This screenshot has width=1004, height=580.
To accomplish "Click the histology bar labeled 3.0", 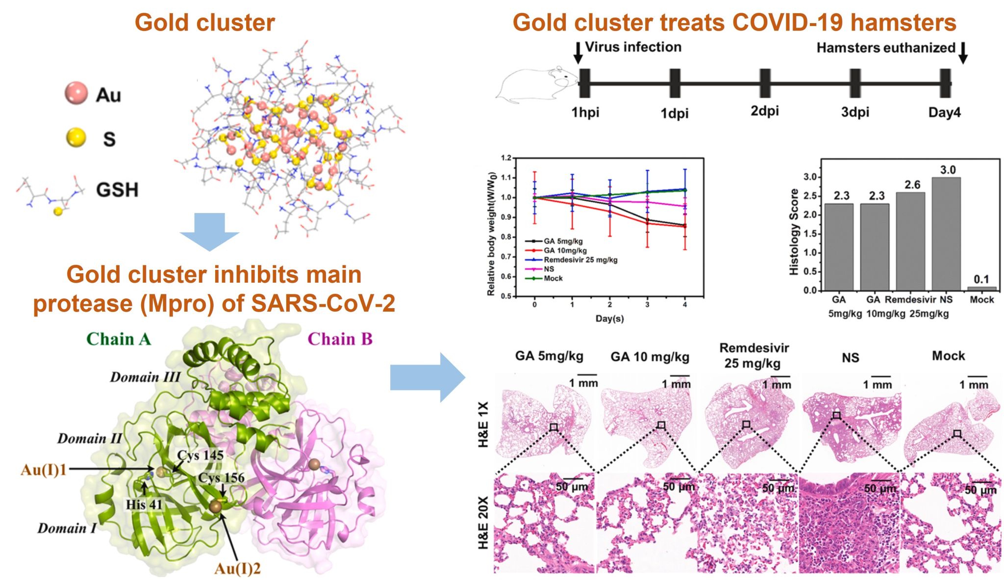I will [946, 234].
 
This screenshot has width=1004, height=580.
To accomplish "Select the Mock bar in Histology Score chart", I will [981, 288].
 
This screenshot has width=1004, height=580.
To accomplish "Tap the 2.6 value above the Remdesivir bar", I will [912, 185].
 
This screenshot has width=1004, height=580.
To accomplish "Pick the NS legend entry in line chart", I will [549, 269].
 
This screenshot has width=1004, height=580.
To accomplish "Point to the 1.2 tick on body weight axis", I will [506, 158].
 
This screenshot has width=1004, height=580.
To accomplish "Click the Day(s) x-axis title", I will [609, 318].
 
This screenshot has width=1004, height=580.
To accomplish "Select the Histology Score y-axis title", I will [794, 232].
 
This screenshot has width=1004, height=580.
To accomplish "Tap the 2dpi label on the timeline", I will [764, 111].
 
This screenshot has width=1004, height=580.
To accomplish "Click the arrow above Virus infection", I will [578, 53].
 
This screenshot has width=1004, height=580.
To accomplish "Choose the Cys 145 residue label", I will [200, 455].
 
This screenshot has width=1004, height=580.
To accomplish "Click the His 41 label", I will [144, 504].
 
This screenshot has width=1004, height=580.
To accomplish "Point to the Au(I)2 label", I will [237, 569].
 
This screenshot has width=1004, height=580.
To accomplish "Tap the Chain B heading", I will [340, 339].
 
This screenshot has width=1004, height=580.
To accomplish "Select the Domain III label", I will [145, 377].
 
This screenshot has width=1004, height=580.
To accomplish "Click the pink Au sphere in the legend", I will [76, 93].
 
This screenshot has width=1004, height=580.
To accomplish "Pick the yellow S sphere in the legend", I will [76, 138].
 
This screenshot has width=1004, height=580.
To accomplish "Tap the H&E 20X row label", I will [483, 523].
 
